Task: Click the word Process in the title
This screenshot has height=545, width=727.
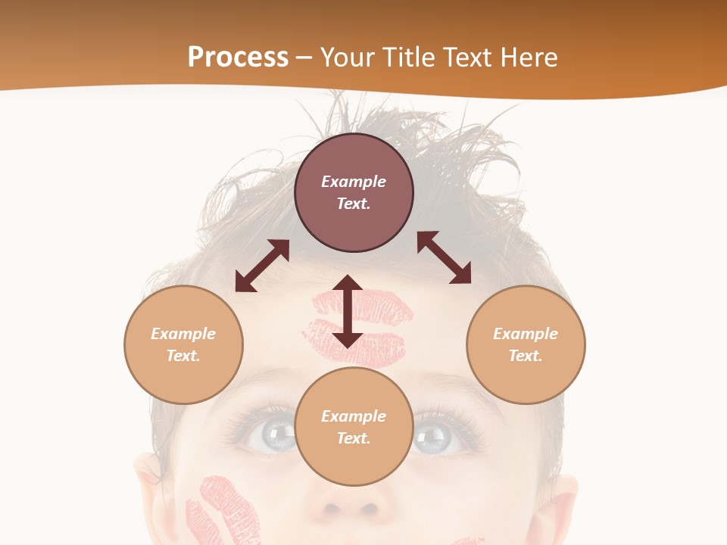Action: coord(238,58)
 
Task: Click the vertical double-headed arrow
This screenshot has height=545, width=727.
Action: coord(348,311)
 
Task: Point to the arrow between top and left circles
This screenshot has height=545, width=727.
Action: coord(262,266)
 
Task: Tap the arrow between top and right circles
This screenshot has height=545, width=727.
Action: coord(444,257)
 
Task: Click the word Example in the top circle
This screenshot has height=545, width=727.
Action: coord(354,182)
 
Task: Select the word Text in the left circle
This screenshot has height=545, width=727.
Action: coord(183,356)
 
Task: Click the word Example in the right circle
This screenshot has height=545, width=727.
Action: coord(526,334)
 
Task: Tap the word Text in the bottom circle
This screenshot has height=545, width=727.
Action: coord(354,438)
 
